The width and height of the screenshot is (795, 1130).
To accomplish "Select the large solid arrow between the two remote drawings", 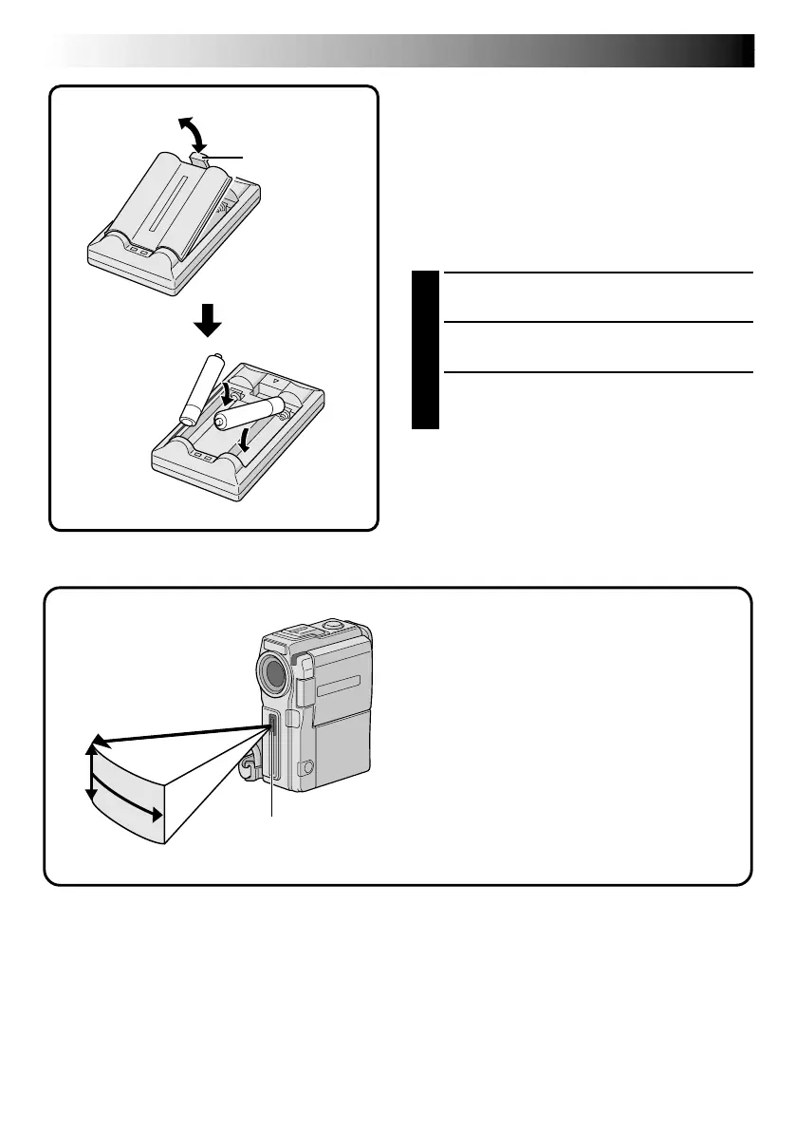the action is tap(208, 323).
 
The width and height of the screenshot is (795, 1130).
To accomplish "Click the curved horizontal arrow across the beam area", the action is tap(123, 806).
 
